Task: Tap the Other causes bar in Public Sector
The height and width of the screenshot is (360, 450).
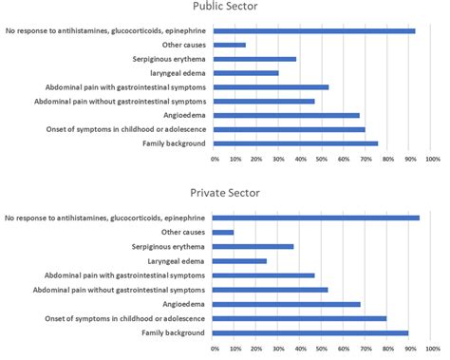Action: point(231,45)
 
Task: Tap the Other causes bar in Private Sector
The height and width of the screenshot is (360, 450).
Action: point(225,232)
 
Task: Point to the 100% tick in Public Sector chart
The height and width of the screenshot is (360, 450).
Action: point(432,159)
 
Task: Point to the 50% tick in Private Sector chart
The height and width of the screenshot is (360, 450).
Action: point(324,349)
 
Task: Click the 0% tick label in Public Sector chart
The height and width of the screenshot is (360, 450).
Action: point(216,159)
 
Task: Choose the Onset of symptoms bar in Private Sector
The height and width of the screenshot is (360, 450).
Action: point(301,319)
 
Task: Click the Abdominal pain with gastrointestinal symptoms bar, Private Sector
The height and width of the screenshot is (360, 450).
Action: point(265,275)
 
